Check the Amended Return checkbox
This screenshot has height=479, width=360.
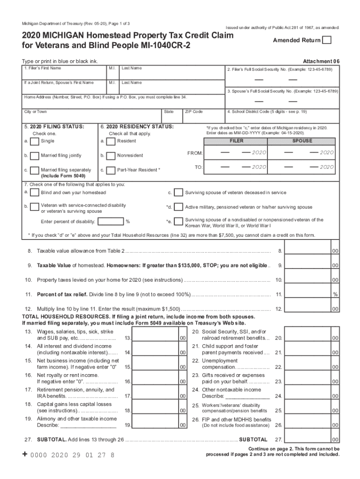(x=327, y=40)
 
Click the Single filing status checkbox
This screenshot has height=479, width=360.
(x=34, y=141)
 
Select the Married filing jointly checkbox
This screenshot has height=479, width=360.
(x=34, y=156)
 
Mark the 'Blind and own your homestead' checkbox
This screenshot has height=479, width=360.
(x=34, y=193)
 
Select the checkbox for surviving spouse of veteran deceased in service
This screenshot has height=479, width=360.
(x=178, y=193)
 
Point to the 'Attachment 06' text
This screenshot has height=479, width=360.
(x=321, y=61)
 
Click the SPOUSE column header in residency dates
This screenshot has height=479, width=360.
(x=302, y=141)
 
